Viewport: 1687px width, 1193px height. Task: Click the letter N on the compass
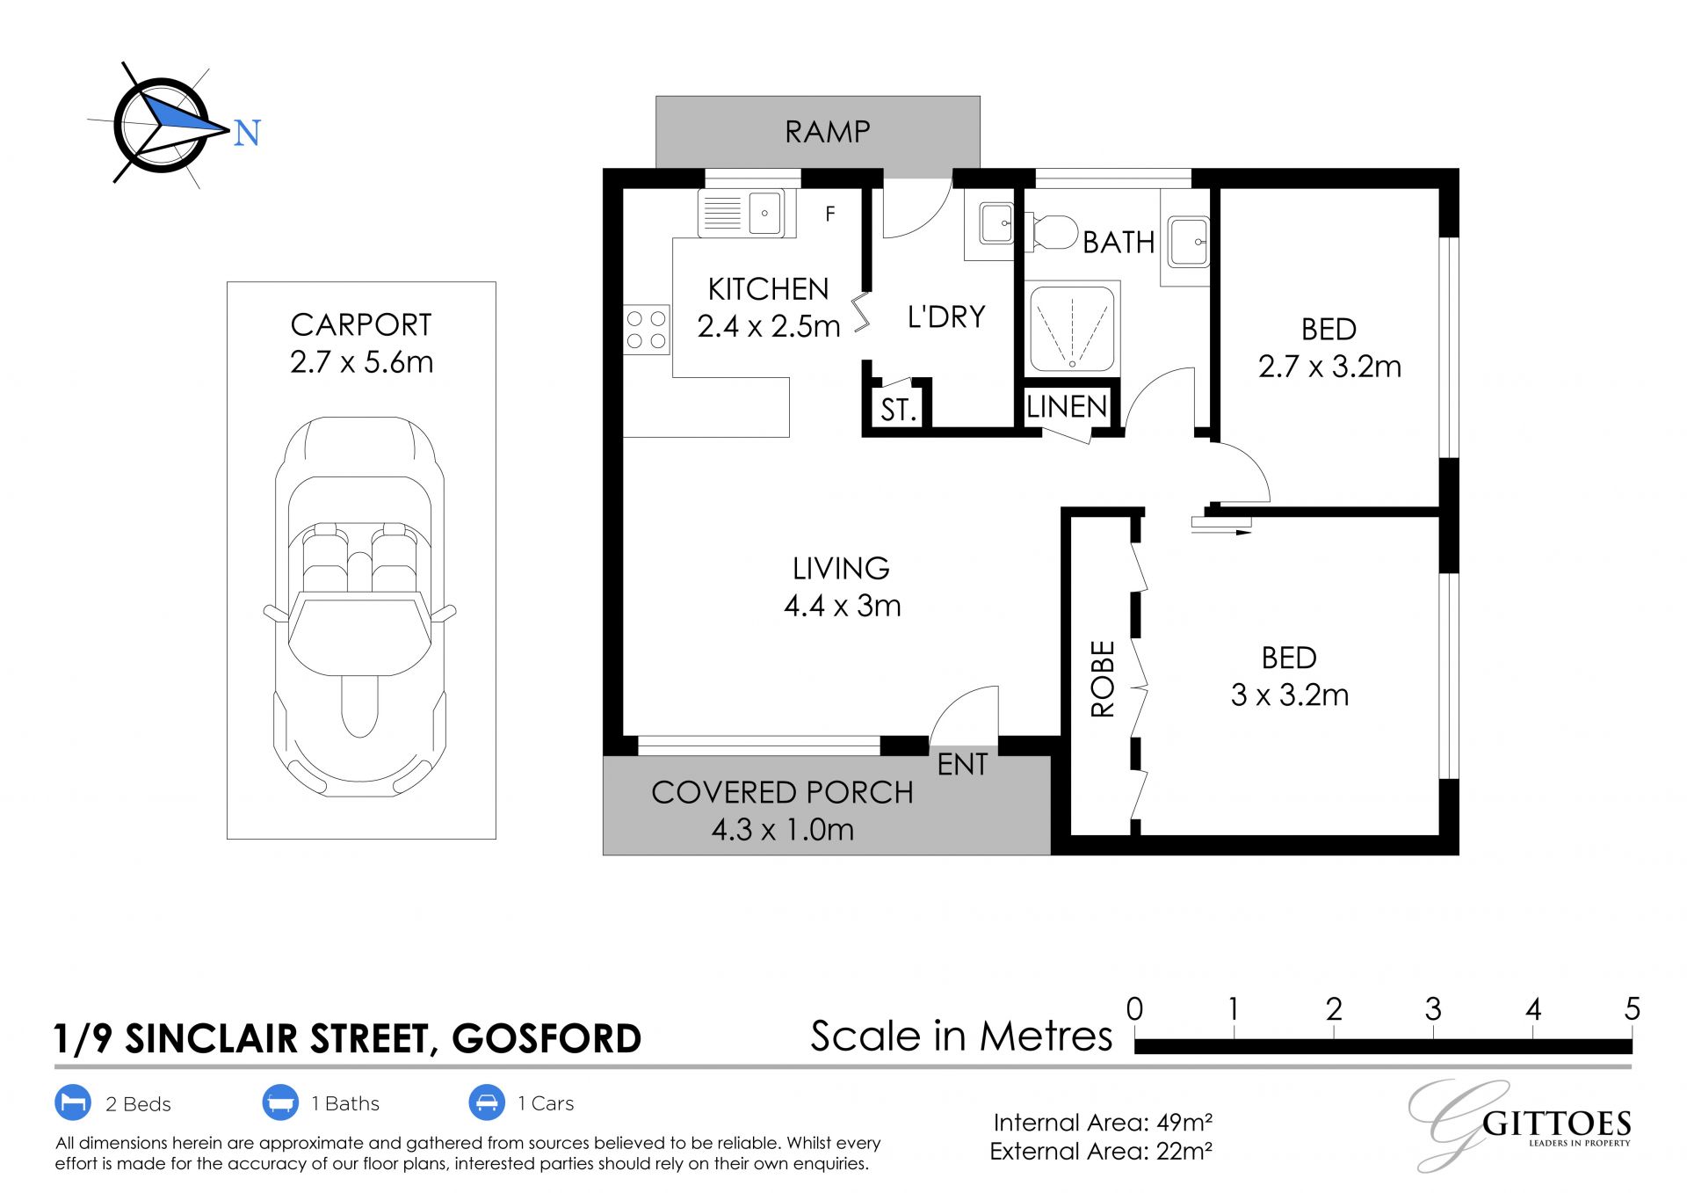click(x=247, y=133)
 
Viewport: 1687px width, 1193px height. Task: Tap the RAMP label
click(x=828, y=132)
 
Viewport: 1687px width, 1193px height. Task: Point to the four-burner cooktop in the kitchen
click(x=647, y=330)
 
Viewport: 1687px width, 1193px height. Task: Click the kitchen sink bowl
click(x=765, y=213)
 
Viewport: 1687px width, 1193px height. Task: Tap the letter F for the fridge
click(x=830, y=213)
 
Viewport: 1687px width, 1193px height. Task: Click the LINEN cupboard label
click(x=1067, y=406)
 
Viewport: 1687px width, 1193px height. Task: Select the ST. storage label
click(x=898, y=410)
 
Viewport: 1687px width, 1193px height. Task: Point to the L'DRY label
click(x=946, y=316)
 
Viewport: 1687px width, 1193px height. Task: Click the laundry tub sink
click(x=996, y=225)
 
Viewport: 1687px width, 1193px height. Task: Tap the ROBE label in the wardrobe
click(x=1103, y=679)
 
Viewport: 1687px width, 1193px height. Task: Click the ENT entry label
click(x=963, y=765)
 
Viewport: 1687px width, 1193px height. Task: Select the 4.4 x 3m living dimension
click(x=842, y=606)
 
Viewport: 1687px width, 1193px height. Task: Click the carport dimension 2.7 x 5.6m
click(x=361, y=362)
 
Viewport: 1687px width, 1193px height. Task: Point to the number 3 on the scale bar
click(x=1433, y=1009)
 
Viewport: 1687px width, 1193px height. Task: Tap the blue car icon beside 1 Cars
click(x=486, y=1102)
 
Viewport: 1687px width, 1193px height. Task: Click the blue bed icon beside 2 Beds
click(x=73, y=1102)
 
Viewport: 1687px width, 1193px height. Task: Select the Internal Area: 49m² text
click(x=1103, y=1123)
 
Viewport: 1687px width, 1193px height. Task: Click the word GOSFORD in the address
click(x=547, y=1039)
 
